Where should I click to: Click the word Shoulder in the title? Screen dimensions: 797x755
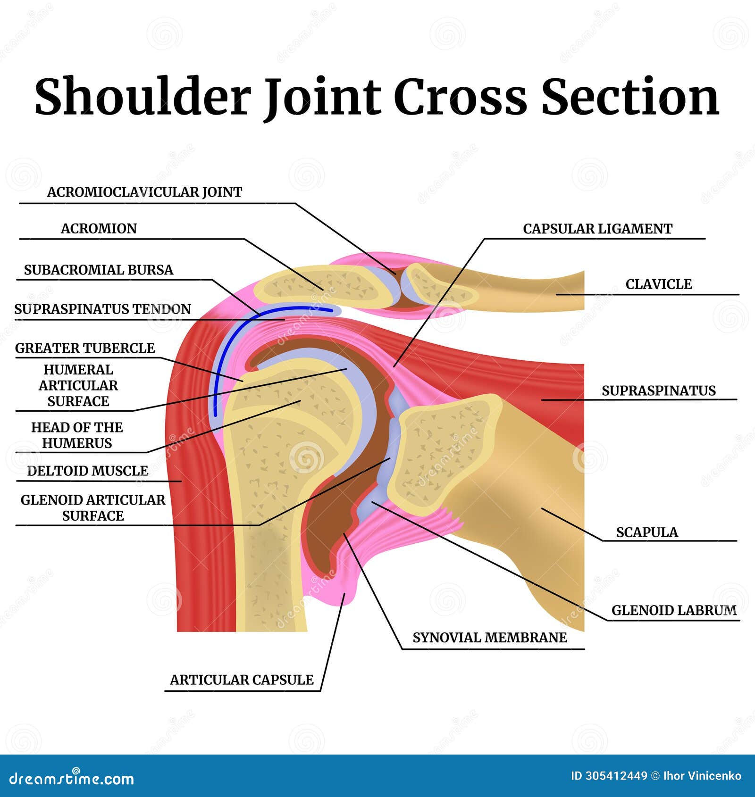142,97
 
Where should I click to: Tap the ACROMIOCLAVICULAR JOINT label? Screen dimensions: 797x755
144,192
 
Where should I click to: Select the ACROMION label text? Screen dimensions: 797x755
99,229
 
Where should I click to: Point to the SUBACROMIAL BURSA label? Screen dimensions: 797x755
99,270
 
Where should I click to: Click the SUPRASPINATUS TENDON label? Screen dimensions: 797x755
102,309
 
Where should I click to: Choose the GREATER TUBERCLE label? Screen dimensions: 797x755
85,348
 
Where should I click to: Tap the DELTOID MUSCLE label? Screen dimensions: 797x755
87,471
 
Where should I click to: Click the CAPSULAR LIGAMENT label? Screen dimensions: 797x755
597,229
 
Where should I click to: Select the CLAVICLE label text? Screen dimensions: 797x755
658,284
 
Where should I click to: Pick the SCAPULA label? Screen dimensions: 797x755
646,532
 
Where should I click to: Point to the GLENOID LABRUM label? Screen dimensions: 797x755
673,610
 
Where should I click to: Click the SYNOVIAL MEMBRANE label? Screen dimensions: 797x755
489,638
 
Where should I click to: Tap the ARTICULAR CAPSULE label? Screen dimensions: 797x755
242,680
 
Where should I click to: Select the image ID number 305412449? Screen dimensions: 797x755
616,776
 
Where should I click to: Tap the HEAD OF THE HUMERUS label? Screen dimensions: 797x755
77,435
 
